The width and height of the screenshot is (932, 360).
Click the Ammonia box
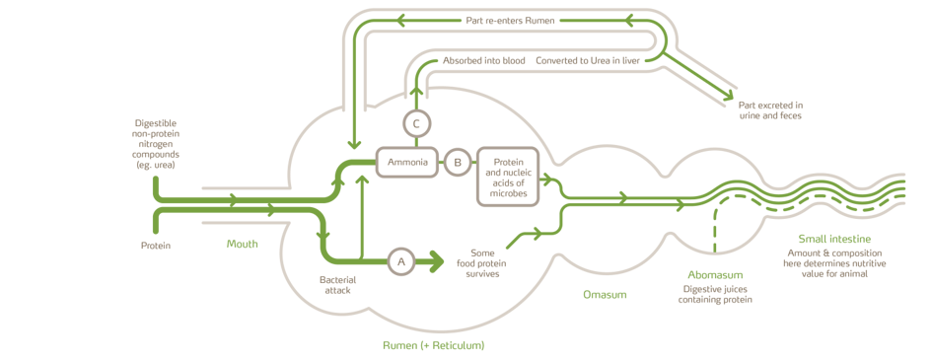406,161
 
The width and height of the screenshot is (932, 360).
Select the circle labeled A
399,261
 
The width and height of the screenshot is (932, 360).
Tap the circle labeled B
457,161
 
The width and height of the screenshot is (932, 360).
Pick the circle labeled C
416,123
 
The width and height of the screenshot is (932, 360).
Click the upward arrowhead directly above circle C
416,92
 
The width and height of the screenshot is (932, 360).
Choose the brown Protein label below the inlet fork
155,245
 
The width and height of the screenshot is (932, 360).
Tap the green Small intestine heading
834,239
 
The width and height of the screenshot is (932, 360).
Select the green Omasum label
606,294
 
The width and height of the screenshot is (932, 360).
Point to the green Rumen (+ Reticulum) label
434,345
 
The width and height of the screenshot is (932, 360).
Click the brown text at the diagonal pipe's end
769,108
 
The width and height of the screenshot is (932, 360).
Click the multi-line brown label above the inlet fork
155,143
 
